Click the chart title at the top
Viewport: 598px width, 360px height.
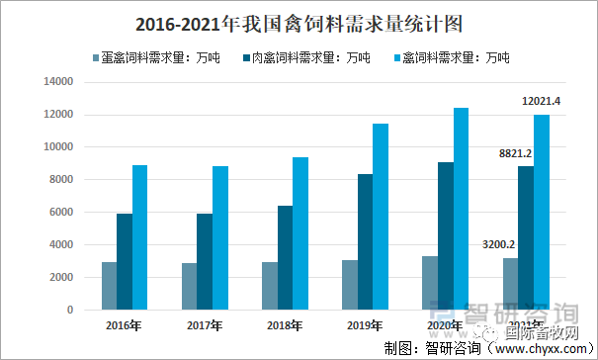(x=298, y=22)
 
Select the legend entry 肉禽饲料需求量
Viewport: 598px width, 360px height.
(x=305, y=58)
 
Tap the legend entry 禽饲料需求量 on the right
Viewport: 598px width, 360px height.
(x=457, y=58)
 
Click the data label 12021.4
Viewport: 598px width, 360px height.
(x=541, y=101)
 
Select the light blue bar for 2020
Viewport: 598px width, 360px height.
(x=462, y=209)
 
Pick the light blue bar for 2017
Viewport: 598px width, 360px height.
(x=220, y=237)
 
